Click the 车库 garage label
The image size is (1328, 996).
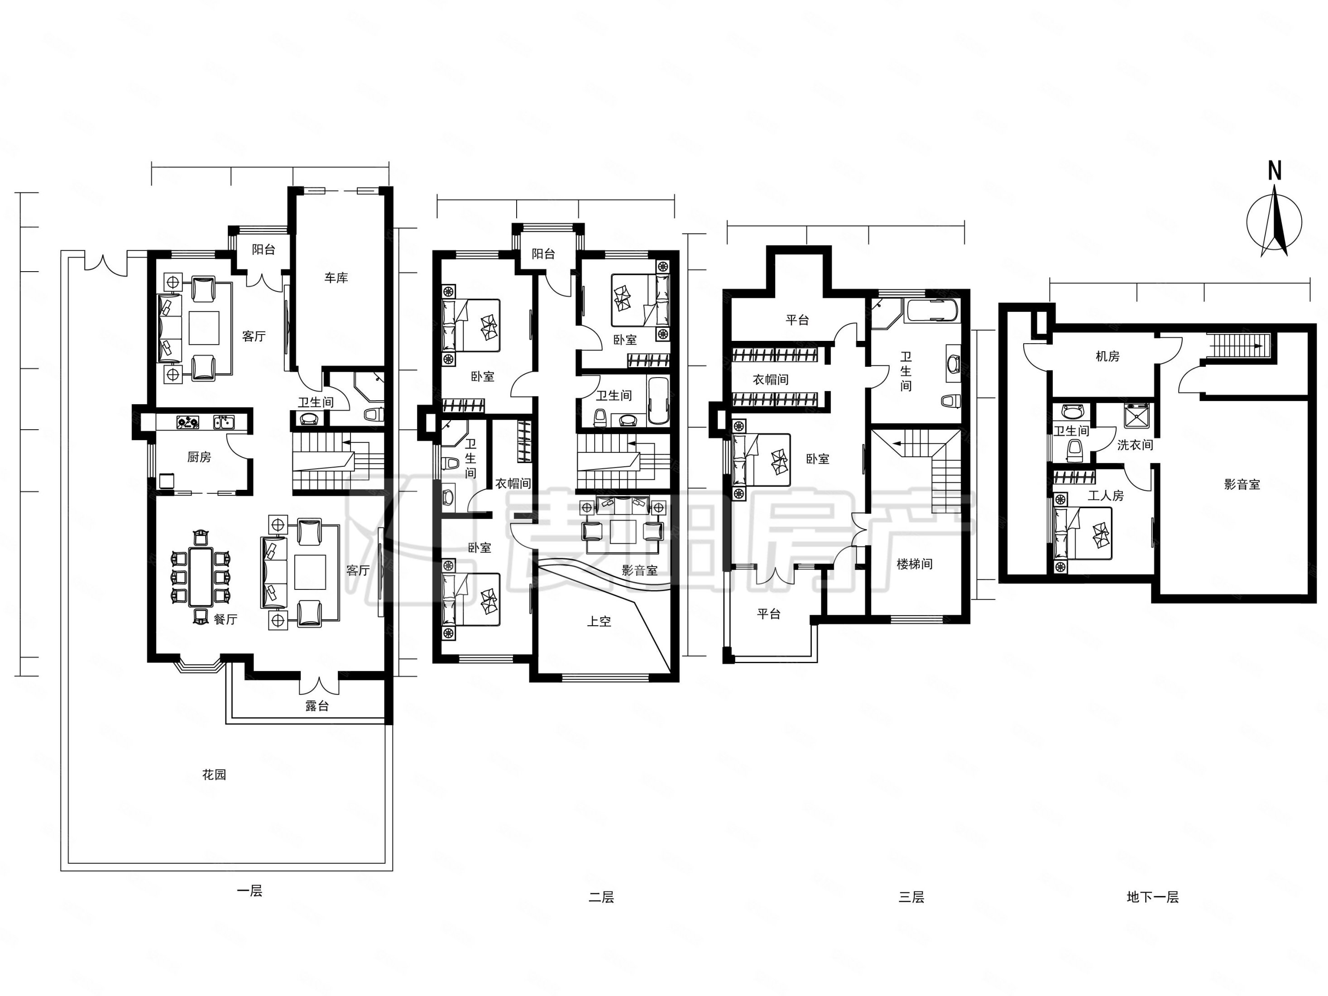point(336,278)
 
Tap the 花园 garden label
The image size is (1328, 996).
point(214,775)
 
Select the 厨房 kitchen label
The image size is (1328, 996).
point(199,457)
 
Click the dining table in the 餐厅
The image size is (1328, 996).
point(201,576)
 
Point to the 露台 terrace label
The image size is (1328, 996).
point(317,706)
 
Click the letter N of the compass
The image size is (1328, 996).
point(1275,171)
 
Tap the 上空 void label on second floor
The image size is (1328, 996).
point(599,622)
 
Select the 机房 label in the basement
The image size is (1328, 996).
point(1107,356)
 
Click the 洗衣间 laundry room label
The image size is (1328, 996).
point(1135,445)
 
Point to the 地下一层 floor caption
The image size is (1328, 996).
point(1153,897)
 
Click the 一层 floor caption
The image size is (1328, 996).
point(250,891)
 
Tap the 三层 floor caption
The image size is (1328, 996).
point(911,897)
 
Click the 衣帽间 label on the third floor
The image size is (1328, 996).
point(771,379)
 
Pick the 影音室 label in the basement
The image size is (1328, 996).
point(1242,484)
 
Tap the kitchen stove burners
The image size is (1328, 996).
point(188,422)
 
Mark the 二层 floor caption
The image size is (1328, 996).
point(601,897)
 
